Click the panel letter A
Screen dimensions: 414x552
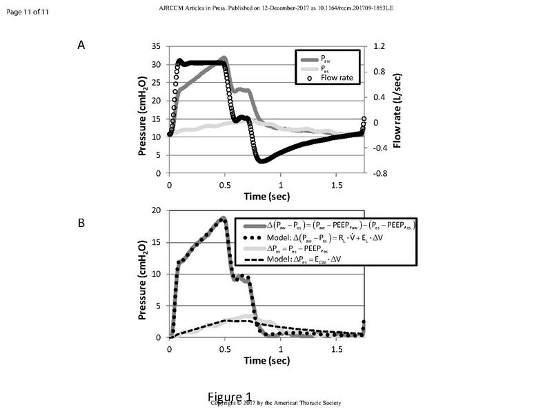81,46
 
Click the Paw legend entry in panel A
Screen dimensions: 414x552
325,57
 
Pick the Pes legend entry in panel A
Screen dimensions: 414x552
325,68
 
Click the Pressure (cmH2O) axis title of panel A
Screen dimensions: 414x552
142,110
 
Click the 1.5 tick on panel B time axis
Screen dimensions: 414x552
337,349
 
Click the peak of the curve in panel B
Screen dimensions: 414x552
222,218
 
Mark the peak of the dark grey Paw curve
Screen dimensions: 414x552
224,58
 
